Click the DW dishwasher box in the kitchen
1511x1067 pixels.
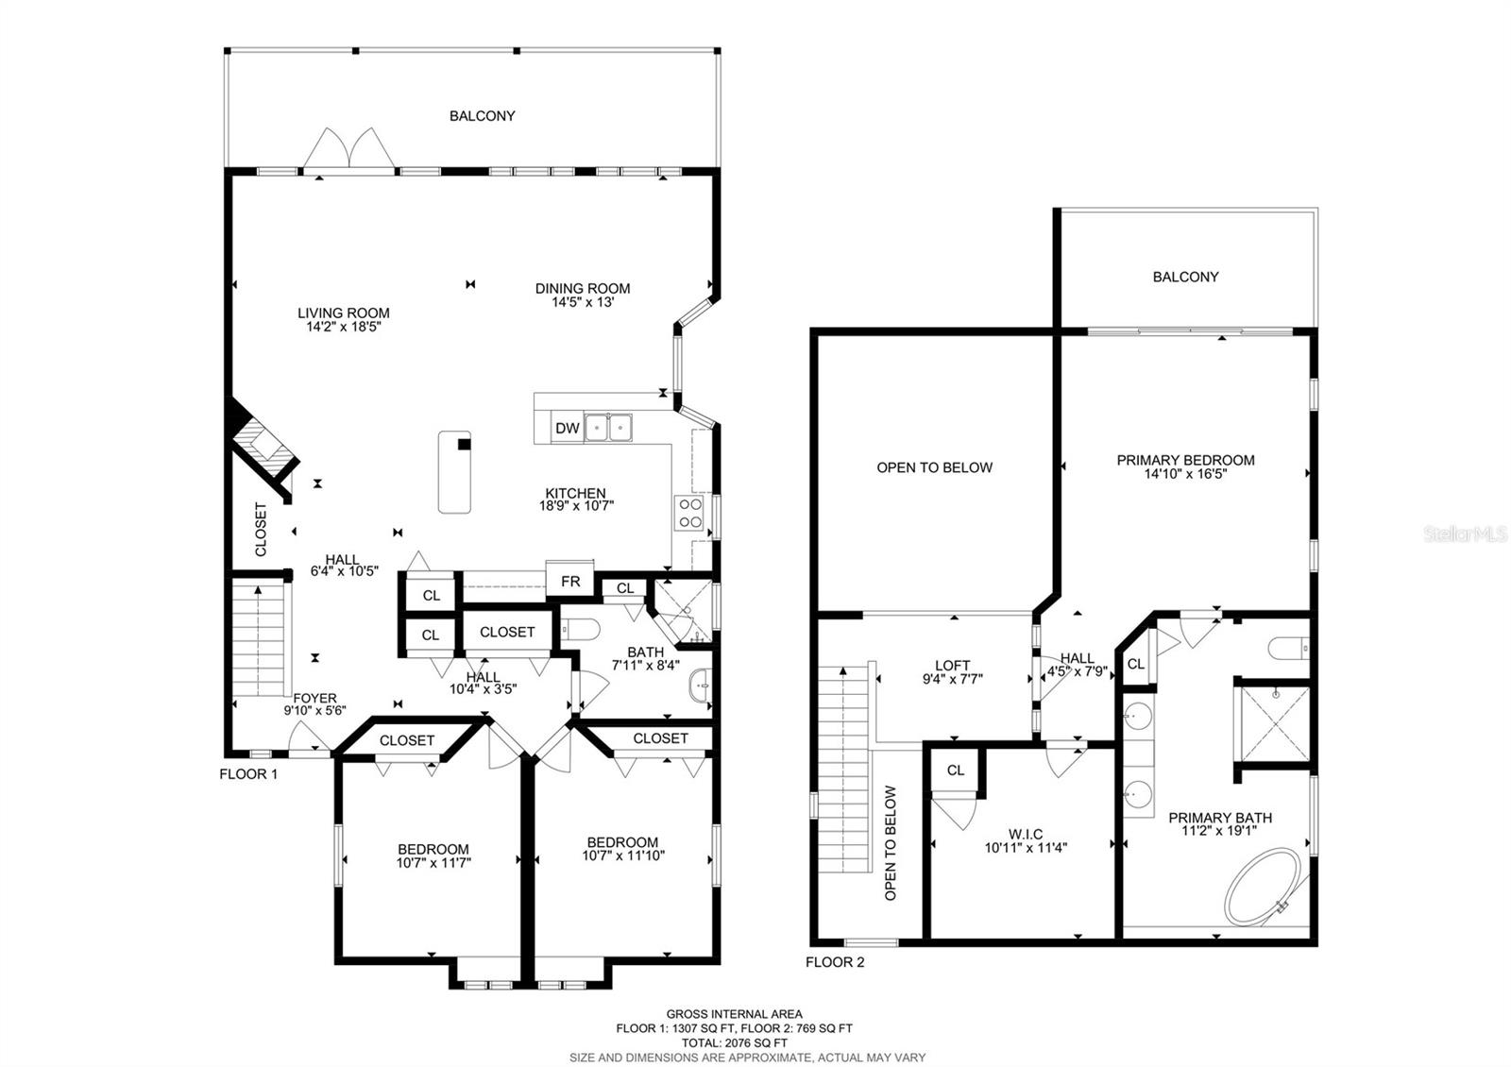point(567,429)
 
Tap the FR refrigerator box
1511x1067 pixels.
point(570,582)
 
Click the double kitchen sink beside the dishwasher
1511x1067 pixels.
point(608,428)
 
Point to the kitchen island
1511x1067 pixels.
point(454,472)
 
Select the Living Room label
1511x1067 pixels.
point(343,313)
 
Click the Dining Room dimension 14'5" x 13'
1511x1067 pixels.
point(583,303)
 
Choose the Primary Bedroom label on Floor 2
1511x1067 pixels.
point(1185,460)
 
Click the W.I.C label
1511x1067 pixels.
point(1026,834)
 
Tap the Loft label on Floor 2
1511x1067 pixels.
point(952,665)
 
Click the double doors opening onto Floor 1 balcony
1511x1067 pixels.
point(348,149)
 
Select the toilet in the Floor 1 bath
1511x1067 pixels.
point(581,630)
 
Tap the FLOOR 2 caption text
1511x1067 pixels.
point(834,963)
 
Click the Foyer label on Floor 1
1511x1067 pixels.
point(314,699)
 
